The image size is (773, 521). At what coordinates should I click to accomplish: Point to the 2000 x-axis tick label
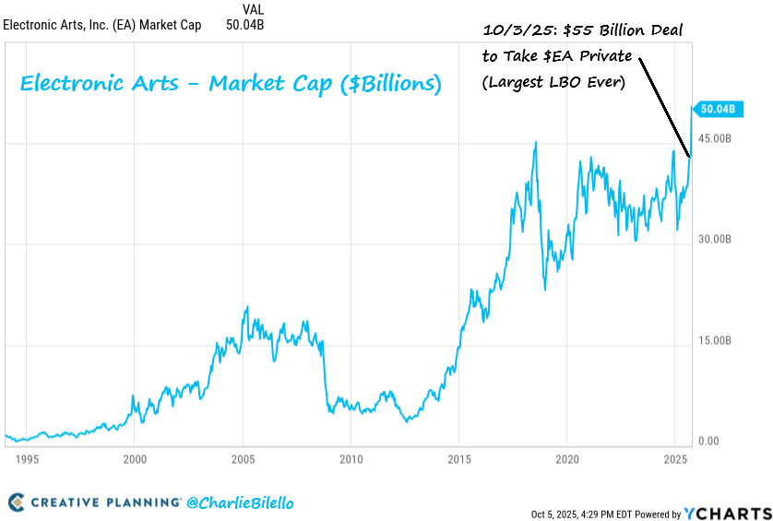click(x=135, y=458)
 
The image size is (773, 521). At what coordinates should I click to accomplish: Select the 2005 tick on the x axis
click(x=243, y=458)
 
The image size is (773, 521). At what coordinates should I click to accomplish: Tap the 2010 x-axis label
click(x=351, y=458)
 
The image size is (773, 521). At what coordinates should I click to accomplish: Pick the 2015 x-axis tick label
click(x=458, y=458)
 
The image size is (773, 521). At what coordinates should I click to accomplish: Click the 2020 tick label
click(x=566, y=458)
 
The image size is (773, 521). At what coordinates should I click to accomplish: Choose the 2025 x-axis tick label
click(x=674, y=458)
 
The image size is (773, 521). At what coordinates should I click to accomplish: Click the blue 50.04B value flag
click(x=718, y=109)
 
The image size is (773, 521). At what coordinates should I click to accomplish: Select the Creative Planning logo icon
click(x=17, y=503)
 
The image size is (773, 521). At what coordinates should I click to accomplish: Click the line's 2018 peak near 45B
click(x=536, y=142)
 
